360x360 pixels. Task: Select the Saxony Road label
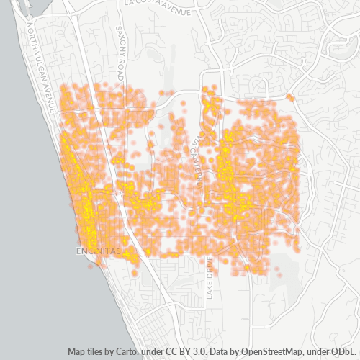pyautogui.click(x=120, y=50)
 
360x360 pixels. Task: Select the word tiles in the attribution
pyautogui.click(x=99, y=352)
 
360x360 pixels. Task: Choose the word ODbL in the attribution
pyautogui.click(x=344, y=352)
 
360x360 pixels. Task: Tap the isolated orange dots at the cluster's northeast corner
pyautogui.click(x=289, y=96)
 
